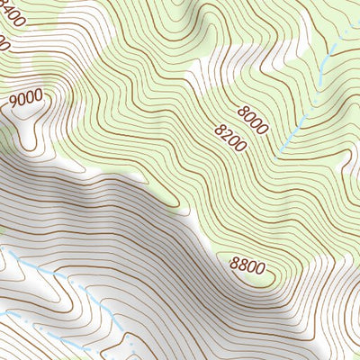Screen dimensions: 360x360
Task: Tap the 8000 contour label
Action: [254, 120]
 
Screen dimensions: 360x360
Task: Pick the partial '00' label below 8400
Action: [4, 41]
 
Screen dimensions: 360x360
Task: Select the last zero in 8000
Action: [263, 129]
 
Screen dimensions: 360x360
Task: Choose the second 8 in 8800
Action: [242, 265]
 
